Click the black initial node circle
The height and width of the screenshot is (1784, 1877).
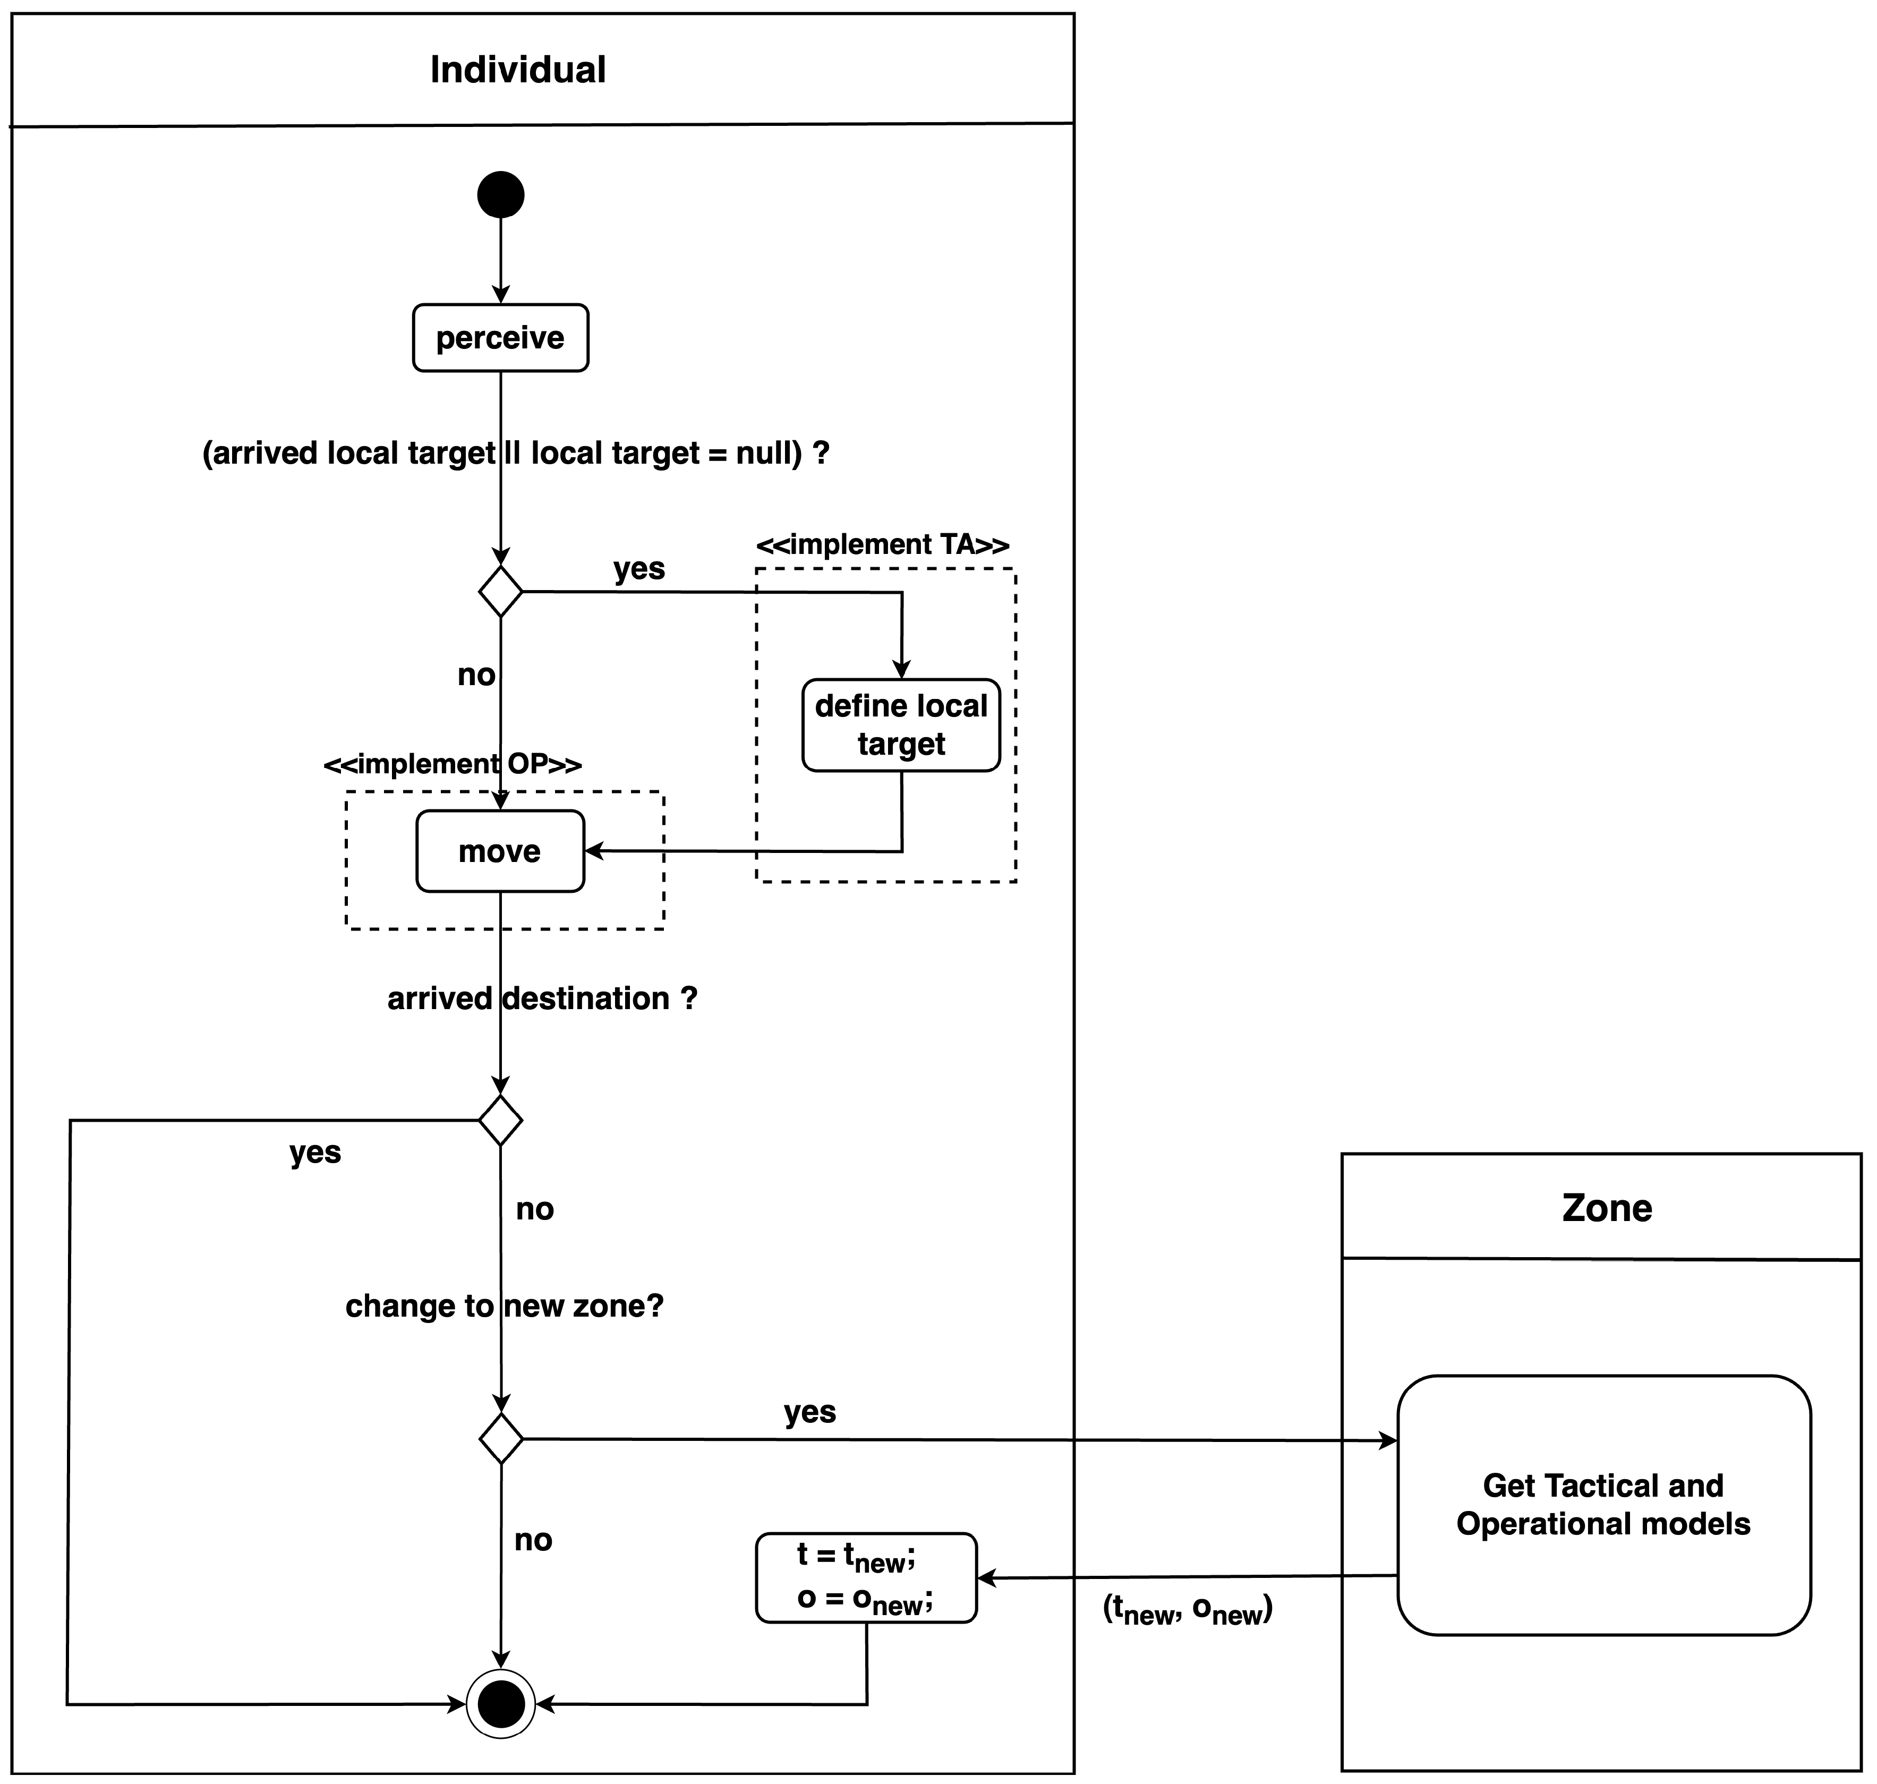point(500,195)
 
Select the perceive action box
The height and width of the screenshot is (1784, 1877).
point(500,338)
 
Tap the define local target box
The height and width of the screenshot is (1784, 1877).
point(900,724)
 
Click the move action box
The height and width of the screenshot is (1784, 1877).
point(500,851)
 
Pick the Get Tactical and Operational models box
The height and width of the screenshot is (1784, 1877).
point(1603,1505)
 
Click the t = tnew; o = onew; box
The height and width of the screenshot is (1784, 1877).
point(866,1577)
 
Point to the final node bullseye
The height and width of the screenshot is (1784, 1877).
point(501,1704)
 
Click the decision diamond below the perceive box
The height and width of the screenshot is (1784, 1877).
point(500,592)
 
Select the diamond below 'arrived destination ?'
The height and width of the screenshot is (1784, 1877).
point(500,1120)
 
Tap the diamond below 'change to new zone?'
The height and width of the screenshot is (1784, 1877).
point(501,1439)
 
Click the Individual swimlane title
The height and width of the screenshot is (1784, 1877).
point(518,70)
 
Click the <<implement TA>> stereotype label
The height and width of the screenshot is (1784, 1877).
point(882,545)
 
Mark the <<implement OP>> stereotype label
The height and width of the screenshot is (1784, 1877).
point(453,764)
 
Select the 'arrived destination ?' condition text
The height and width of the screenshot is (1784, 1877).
point(542,998)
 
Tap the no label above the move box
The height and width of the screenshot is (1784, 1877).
point(476,675)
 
